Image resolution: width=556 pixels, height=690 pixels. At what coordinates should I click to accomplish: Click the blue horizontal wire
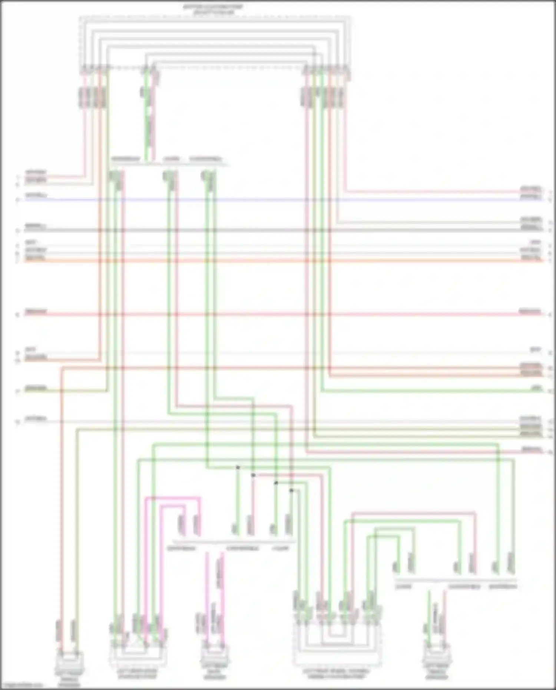tap(278, 200)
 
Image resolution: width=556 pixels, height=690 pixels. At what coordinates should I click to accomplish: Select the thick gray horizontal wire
tap(278, 230)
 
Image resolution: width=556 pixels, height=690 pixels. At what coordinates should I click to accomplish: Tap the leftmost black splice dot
tap(238, 468)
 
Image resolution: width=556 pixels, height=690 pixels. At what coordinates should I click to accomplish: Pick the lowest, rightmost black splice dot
tap(291, 491)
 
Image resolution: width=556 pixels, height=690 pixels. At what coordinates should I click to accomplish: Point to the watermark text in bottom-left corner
tap(22, 685)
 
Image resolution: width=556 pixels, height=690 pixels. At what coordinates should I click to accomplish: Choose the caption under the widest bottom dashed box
tap(336, 674)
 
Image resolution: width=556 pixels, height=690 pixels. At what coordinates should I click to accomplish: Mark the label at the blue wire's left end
tap(36, 195)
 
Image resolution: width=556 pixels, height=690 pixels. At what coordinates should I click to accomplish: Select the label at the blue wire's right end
tap(531, 196)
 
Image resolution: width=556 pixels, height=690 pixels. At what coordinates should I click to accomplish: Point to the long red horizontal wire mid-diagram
tap(278, 314)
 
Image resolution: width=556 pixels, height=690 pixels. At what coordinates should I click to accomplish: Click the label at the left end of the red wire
tap(36, 311)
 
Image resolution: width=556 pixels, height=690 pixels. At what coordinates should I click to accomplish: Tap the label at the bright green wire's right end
tap(536, 388)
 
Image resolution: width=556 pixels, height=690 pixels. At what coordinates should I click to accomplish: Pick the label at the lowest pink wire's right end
tap(532, 449)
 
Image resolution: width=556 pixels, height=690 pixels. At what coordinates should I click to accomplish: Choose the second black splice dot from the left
tap(253, 475)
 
